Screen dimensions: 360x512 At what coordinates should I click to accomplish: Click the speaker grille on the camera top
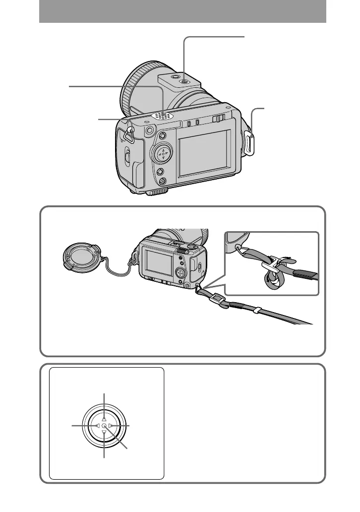coord(163,116)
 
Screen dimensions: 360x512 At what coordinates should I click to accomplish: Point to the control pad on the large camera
coord(162,153)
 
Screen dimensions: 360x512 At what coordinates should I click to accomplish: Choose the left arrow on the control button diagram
coord(97,426)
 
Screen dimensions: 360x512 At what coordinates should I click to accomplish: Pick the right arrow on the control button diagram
coord(111,426)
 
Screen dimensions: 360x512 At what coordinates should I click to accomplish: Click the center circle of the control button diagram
coord(104,426)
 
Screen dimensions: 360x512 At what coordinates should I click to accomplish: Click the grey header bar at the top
coord(182,11)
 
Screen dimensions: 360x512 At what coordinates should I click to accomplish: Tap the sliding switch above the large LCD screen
coord(216,118)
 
